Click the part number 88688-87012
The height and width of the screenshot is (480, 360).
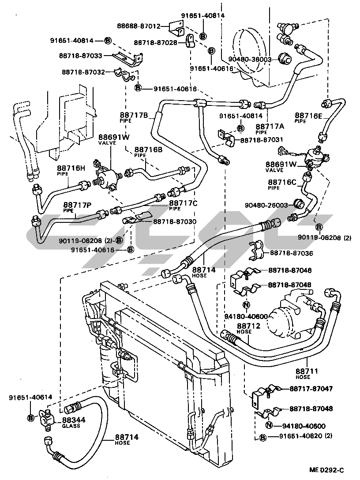(139, 26)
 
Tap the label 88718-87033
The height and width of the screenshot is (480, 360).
(80, 56)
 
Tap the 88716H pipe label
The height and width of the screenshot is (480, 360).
(71, 168)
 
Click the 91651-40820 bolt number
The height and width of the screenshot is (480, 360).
(296, 437)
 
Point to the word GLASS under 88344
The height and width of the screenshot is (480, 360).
(71, 426)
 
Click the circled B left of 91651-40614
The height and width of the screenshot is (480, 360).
(30, 417)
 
